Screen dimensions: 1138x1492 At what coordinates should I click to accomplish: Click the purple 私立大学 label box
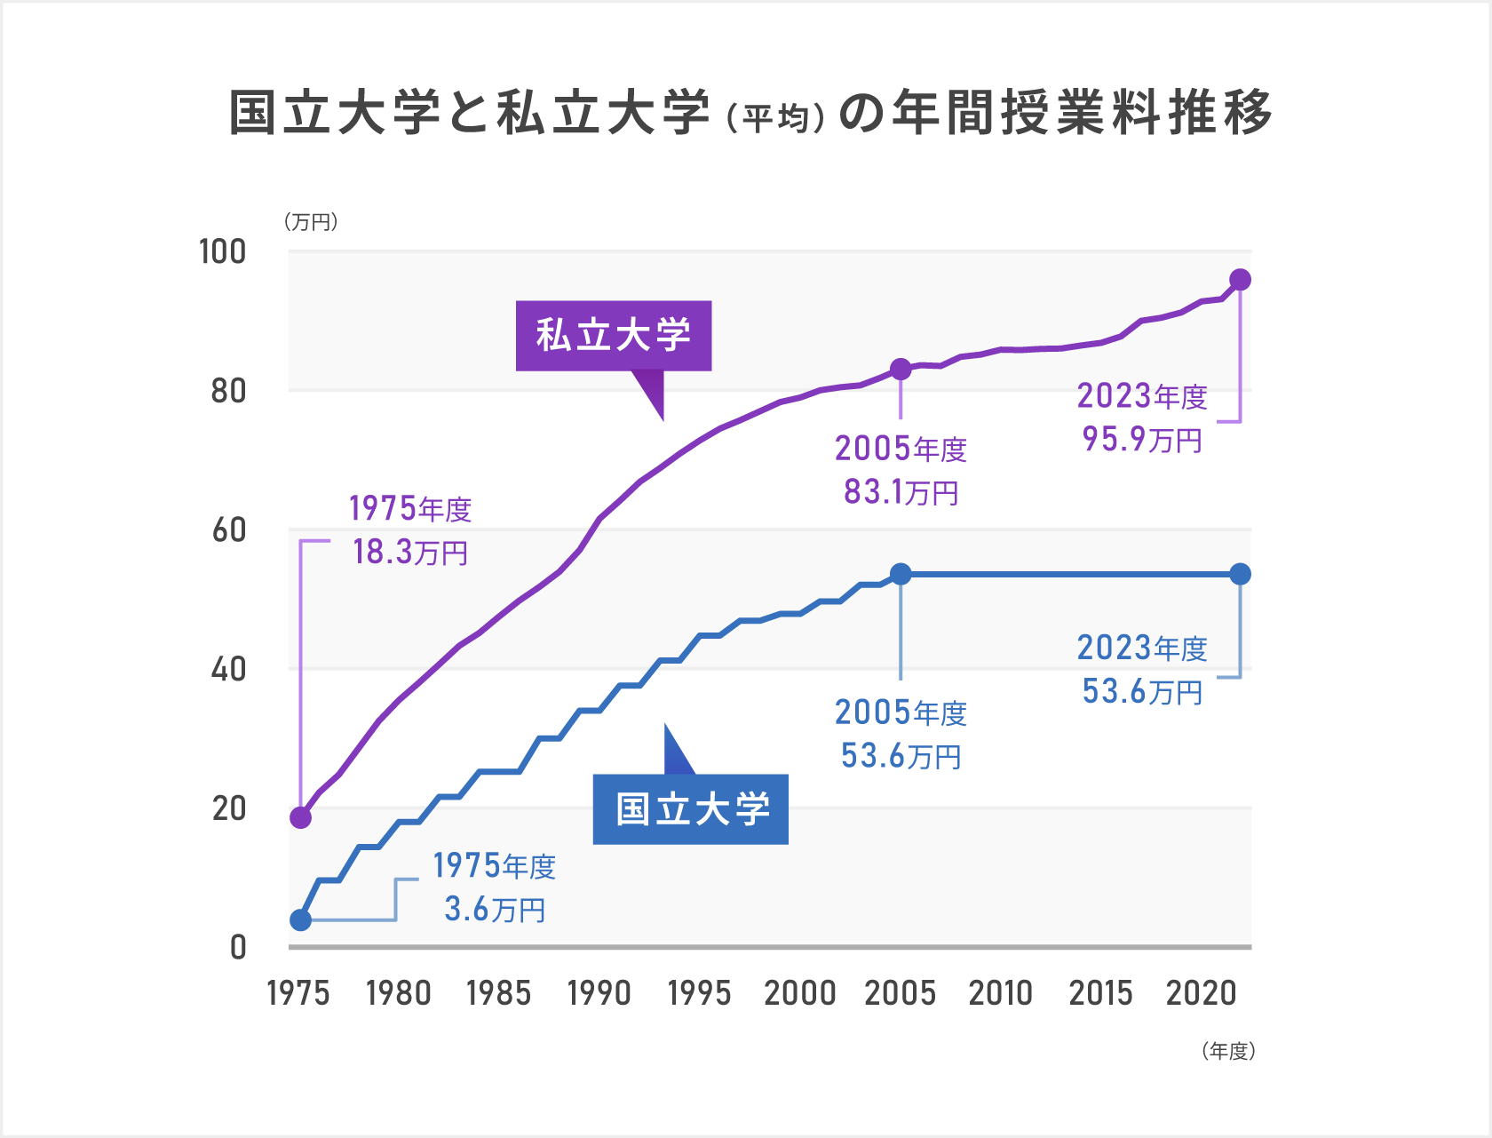(x=614, y=336)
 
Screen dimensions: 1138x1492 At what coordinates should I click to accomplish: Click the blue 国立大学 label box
(x=691, y=809)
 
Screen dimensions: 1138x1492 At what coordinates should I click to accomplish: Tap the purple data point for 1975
(x=301, y=817)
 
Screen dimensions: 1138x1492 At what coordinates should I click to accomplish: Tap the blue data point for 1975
(x=301, y=919)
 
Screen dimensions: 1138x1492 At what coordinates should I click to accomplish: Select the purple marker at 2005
(x=901, y=369)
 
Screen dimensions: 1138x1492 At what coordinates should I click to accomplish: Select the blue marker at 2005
(x=901, y=574)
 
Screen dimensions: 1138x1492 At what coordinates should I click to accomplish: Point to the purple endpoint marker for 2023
(x=1240, y=280)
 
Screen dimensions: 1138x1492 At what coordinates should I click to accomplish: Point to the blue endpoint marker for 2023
(x=1240, y=574)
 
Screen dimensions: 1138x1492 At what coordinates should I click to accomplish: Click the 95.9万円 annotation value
(x=1142, y=439)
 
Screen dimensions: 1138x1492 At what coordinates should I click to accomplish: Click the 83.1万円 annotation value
(x=901, y=491)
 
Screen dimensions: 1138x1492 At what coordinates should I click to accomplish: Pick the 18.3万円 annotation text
(x=409, y=552)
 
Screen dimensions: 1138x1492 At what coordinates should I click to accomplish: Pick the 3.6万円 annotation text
(x=495, y=909)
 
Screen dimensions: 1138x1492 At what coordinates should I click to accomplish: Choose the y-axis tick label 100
(x=222, y=251)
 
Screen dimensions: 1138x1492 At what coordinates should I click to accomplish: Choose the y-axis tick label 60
(x=228, y=530)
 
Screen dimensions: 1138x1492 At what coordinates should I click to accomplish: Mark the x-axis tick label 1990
(x=599, y=993)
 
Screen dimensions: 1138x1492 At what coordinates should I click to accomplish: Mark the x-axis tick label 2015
(x=1100, y=993)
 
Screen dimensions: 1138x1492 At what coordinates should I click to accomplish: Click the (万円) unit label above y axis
(x=311, y=221)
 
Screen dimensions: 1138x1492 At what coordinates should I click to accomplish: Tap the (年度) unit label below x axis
(x=1228, y=1051)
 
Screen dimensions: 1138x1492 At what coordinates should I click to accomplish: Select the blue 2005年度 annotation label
(x=901, y=712)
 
